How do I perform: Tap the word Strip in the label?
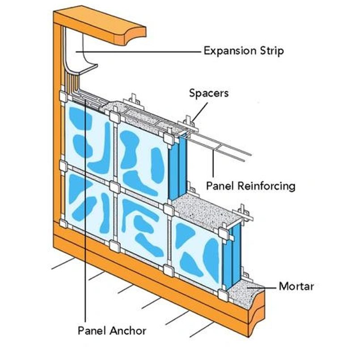click(x=272, y=51)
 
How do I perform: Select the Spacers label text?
click(x=208, y=93)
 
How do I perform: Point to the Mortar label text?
click(x=296, y=286)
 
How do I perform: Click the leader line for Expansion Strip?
click(x=143, y=52)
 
